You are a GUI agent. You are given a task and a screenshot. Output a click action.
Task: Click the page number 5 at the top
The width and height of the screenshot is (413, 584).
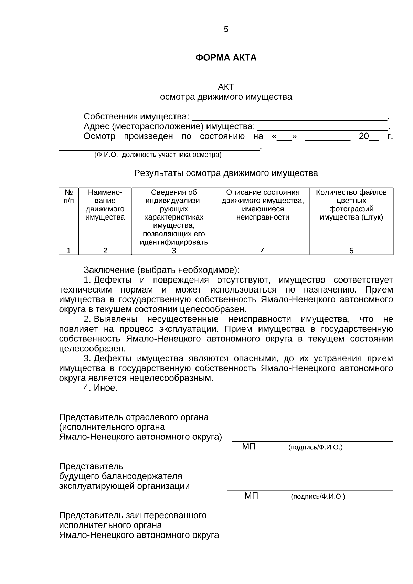tap(226, 30)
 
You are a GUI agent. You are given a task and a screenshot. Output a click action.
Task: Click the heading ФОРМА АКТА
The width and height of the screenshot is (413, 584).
tap(226, 57)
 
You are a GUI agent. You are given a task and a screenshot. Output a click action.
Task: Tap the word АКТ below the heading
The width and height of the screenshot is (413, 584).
tap(226, 87)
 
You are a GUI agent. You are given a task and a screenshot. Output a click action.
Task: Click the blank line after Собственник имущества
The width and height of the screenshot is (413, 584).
tap(289, 118)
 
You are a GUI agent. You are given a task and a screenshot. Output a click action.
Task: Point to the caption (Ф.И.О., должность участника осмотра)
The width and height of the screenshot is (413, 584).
tap(158, 155)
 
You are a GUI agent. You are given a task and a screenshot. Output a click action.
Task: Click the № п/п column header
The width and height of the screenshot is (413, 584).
tap(69, 196)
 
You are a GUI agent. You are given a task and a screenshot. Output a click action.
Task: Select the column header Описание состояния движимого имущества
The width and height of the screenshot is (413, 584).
tap(263, 205)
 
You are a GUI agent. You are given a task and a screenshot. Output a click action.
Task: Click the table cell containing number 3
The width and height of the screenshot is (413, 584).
tap(174, 251)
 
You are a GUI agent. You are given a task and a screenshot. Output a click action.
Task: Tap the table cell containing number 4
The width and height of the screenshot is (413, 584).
tap(263, 251)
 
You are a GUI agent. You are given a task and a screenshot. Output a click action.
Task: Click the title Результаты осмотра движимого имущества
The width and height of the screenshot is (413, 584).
tap(226, 173)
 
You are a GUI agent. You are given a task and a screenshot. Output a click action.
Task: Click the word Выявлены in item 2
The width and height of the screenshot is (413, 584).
tap(116, 319)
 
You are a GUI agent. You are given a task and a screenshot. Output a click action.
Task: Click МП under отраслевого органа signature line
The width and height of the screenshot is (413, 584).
tap(249, 447)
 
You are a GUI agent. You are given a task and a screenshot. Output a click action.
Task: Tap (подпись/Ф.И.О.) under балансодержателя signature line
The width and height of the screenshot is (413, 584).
tap(318, 497)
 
